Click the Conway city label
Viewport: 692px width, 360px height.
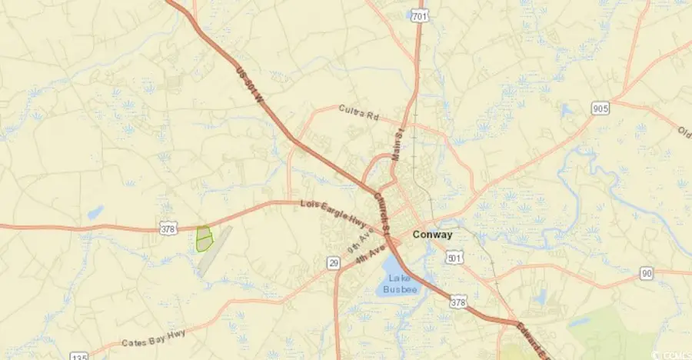[x=431, y=235]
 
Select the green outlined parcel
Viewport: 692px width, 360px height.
[x=204, y=238]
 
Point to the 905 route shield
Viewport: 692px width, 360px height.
[x=601, y=108]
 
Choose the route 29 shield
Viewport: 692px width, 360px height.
[x=333, y=264]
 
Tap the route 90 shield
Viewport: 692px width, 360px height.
[x=646, y=274]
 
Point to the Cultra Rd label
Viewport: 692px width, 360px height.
[x=359, y=113]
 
